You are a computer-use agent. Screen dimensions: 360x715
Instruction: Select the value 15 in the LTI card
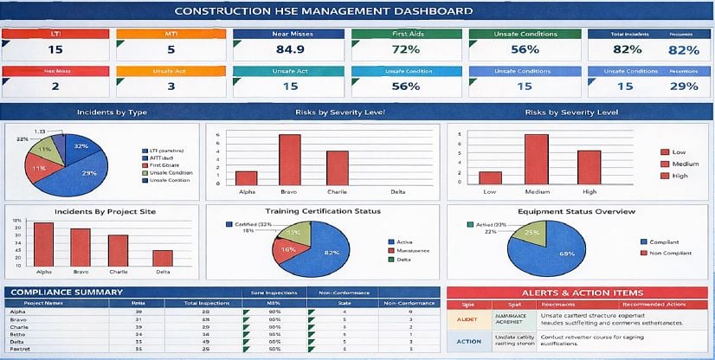coord(55,49)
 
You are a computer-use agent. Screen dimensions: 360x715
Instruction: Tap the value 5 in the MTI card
coord(171,49)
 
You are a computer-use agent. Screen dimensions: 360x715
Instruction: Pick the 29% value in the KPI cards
coord(684,86)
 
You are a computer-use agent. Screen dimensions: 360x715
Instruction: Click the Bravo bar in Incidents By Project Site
coord(80,247)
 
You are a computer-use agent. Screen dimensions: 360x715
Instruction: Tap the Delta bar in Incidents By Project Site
coord(162,258)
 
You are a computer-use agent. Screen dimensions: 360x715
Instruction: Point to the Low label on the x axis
coord(490,191)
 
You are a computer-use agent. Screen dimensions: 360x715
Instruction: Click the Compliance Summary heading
coord(55,292)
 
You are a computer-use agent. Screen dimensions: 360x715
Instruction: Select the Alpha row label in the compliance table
coord(16,312)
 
